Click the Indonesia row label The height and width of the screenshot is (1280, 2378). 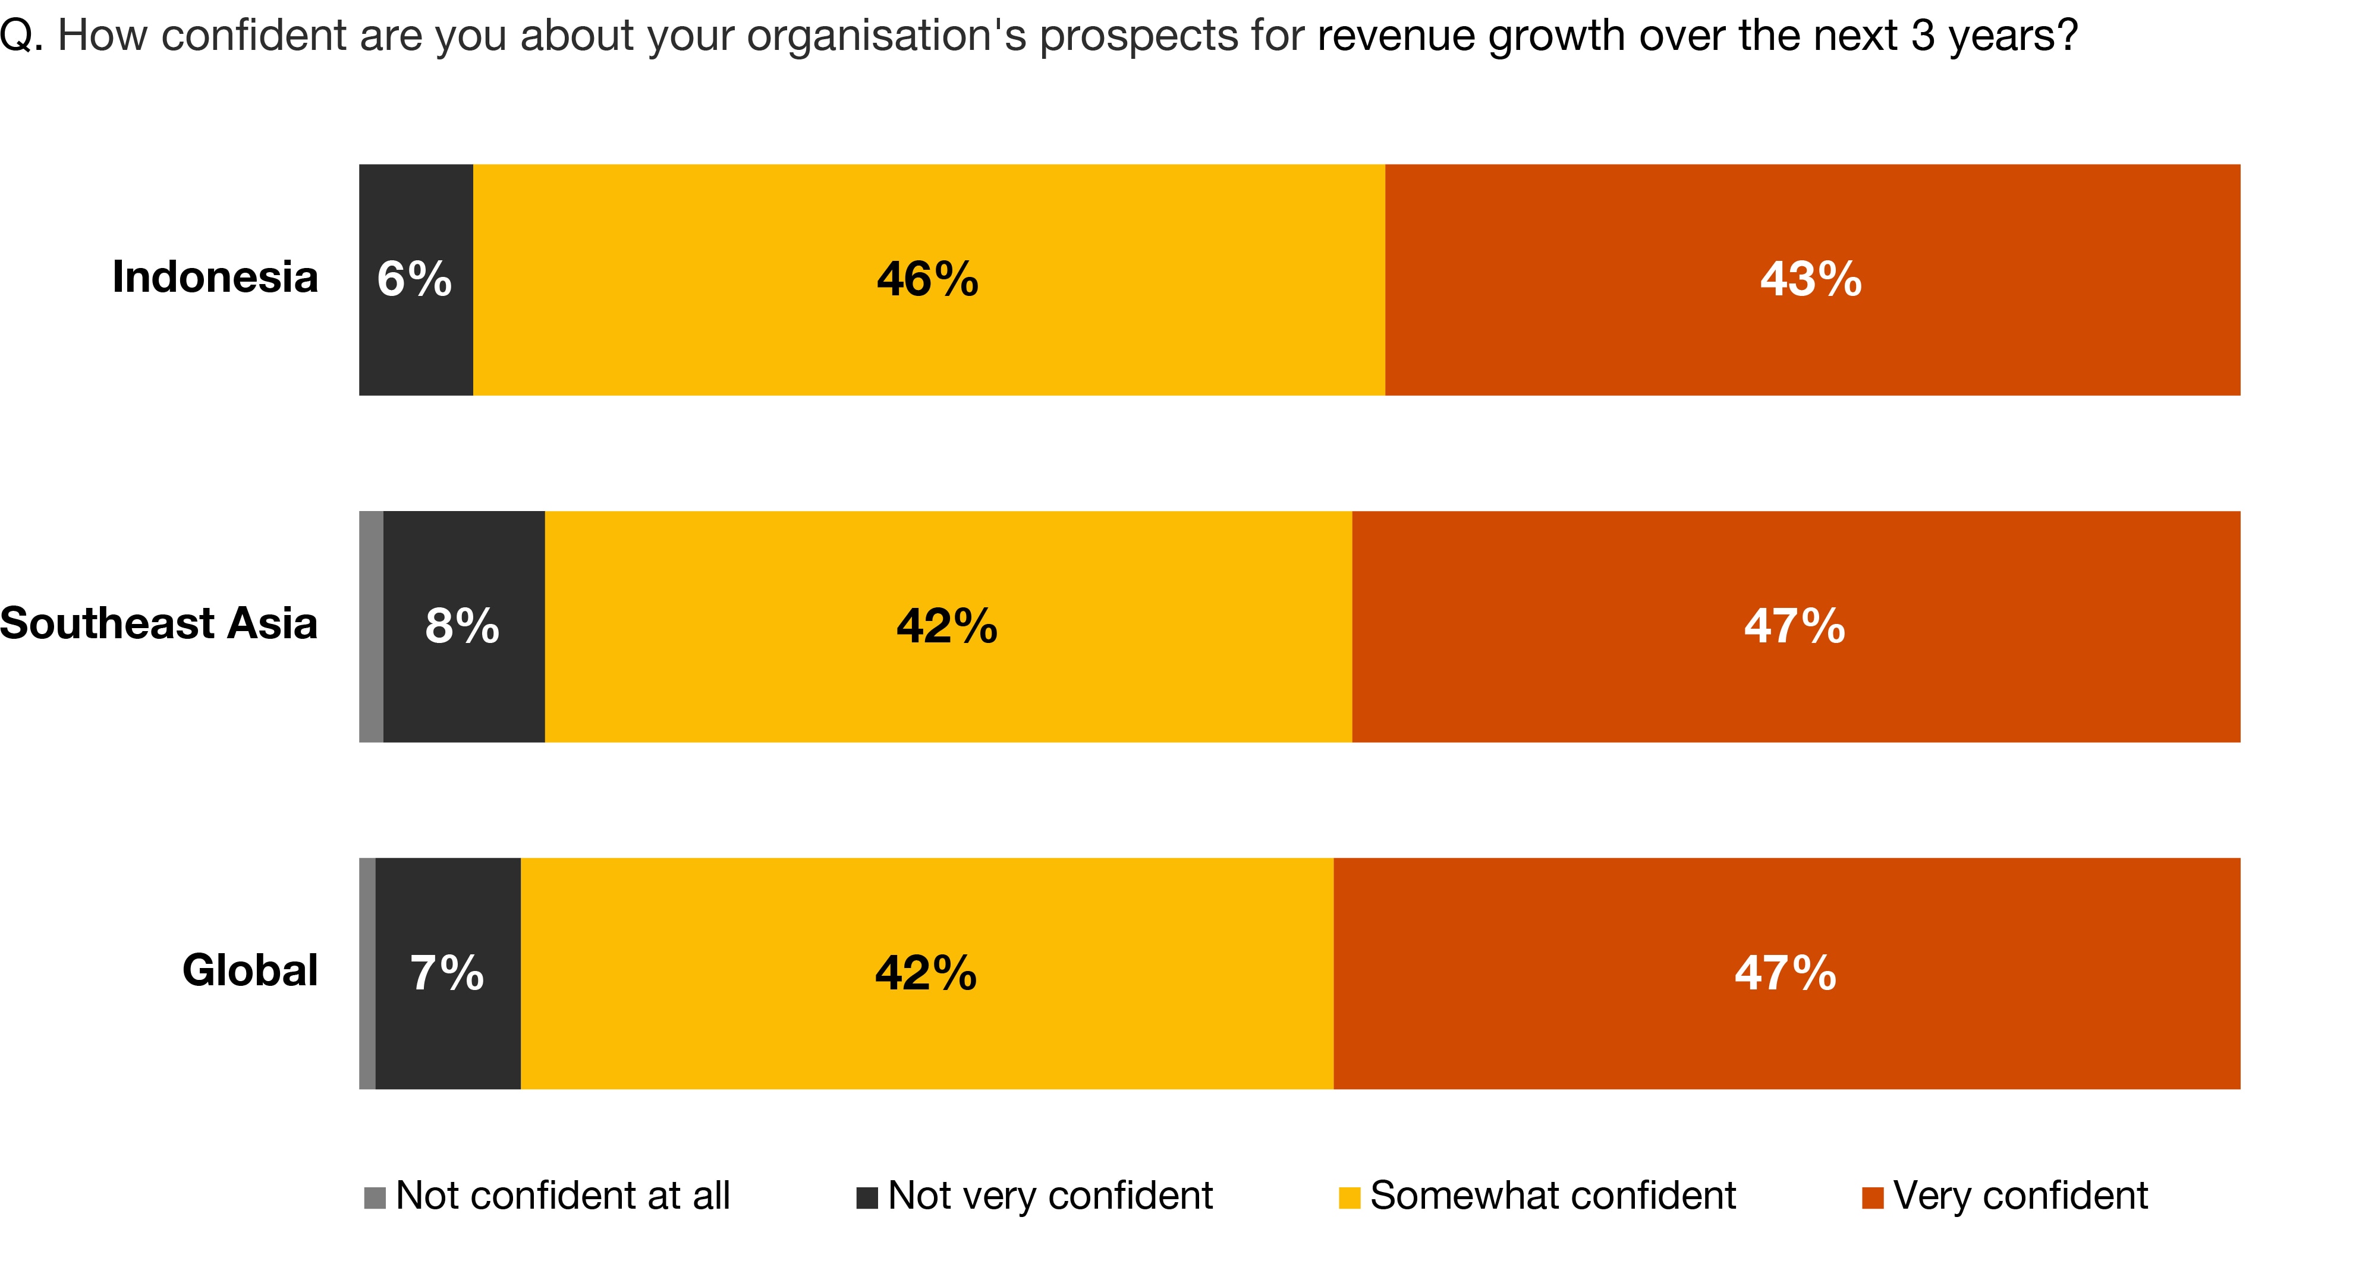click(x=215, y=277)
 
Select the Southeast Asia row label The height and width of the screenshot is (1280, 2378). click(x=159, y=624)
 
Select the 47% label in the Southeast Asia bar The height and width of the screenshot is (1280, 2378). click(x=1794, y=626)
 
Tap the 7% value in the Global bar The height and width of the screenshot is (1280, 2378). click(x=447, y=973)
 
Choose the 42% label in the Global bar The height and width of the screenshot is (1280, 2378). click(x=926, y=973)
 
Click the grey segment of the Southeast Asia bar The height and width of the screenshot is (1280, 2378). click(x=371, y=626)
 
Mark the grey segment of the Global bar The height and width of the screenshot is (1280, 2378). click(x=367, y=973)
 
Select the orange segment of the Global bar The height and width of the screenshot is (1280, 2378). click(x=1786, y=1033)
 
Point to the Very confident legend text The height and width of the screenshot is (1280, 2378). click(x=2020, y=1196)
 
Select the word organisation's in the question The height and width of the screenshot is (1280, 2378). click(x=886, y=37)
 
